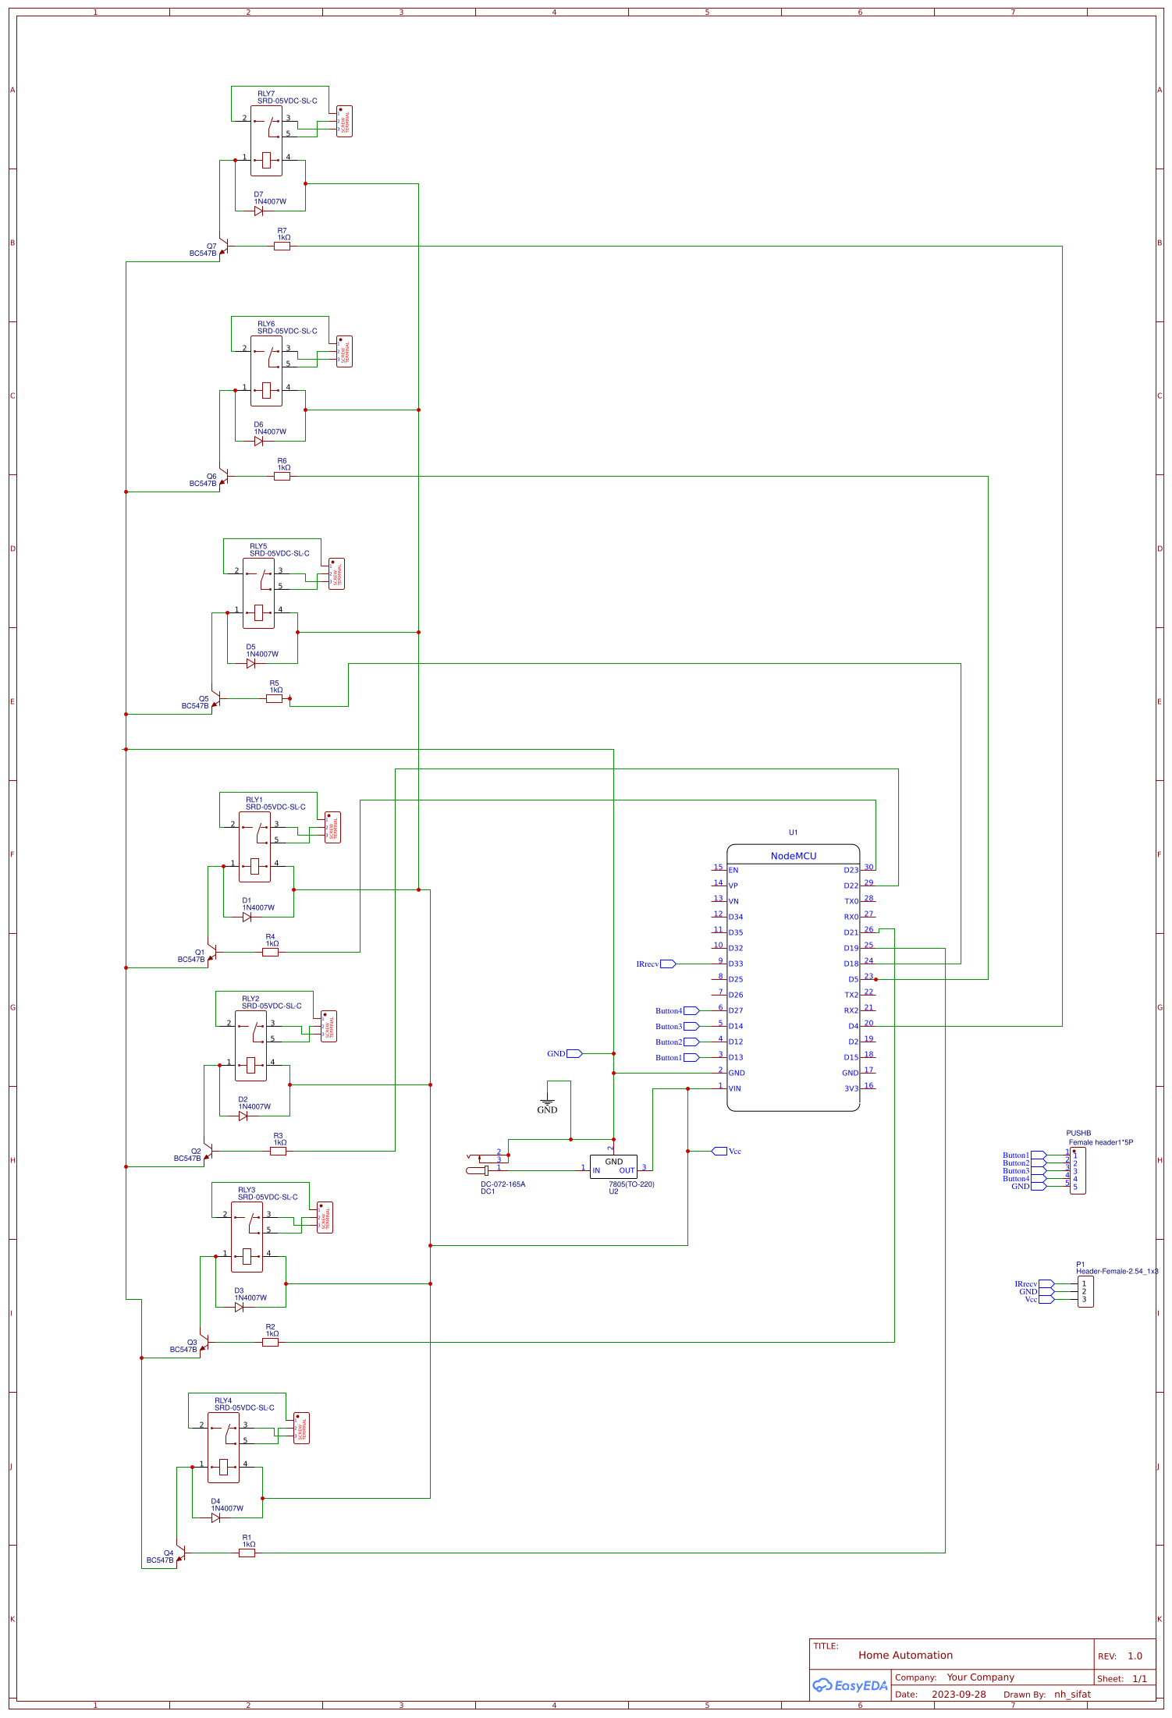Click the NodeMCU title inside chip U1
pos(793,856)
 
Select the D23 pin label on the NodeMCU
pos(850,870)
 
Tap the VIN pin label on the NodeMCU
pos(735,1088)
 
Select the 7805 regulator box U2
pos(613,1166)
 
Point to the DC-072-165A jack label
pos(503,1184)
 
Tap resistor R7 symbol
pos(282,247)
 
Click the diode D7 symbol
pos(258,211)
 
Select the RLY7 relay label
pos(266,94)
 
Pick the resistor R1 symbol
pos(247,1553)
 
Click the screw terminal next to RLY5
pos(336,574)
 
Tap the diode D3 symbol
pos(239,1307)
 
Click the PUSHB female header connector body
pos(1078,1170)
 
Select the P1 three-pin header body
pos(1085,1291)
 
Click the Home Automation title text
pos(905,1655)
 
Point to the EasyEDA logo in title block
pos(850,1685)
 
